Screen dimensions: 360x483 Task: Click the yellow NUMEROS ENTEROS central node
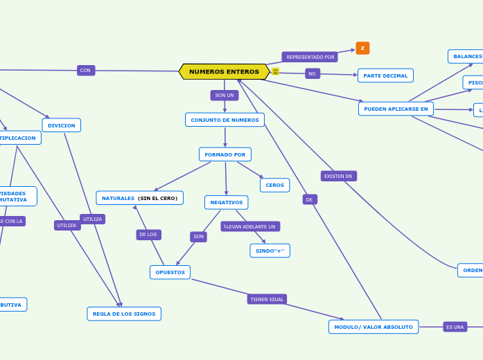(224, 72)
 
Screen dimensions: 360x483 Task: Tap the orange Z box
(362, 48)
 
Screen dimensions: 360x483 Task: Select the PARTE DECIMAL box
(385, 75)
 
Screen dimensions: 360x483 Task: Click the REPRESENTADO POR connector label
(310, 57)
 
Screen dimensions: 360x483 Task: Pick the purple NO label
(312, 73)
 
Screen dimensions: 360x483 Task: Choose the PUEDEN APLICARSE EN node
(396, 109)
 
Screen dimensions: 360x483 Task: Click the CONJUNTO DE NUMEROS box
(225, 120)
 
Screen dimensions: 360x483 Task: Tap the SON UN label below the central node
(224, 95)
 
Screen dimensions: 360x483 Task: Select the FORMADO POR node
(225, 154)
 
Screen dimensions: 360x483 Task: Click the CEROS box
(274, 185)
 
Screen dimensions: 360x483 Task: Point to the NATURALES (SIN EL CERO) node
(139, 198)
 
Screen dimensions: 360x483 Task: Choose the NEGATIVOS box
(226, 202)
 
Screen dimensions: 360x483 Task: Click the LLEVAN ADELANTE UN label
(250, 226)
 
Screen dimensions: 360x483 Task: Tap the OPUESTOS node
(170, 272)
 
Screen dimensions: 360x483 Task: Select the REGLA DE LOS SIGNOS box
(124, 314)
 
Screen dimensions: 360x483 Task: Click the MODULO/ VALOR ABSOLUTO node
(373, 327)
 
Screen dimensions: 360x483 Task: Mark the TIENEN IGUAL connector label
(267, 299)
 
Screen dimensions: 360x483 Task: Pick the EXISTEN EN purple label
(338, 176)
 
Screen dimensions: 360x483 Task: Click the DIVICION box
(61, 125)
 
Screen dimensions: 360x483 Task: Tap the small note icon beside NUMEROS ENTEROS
(275, 71)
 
